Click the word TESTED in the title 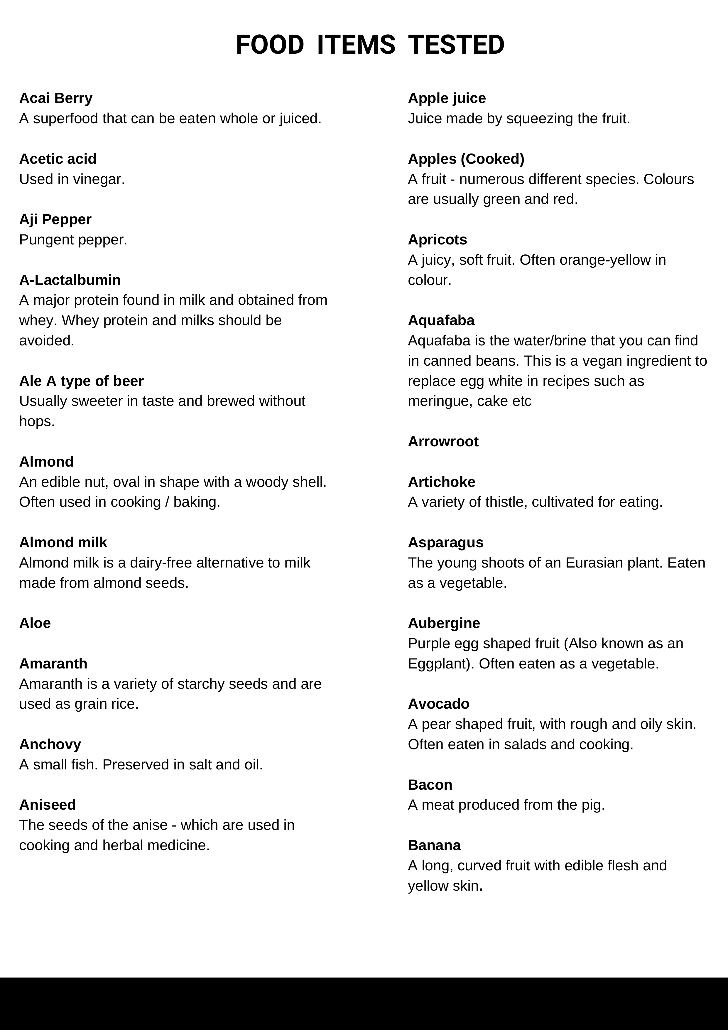pyautogui.click(x=456, y=45)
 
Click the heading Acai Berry pyautogui.click(x=56, y=98)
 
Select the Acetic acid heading pyautogui.click(x=58, y=159)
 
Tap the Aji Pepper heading pyautogui.click(x=55, y=219)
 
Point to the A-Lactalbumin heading pyautogui.click(x=70, y=280)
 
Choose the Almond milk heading pyautogui.click(x=63, y=542)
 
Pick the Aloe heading pyautogui.click(x=35, y=623)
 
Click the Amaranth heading pyautogui.click(x=53, y=663)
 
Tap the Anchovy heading pyautogui.click(x=50, y=744)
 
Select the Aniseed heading pyautogui.click(x=47, y=805)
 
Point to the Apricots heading pyautogui.click(x=437, y=239)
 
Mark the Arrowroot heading pyautogui.click(x=443, y=441)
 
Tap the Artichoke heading pyautogui.click(x=441, y=482)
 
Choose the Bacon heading pyautogui.click(x=430, y=785)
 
